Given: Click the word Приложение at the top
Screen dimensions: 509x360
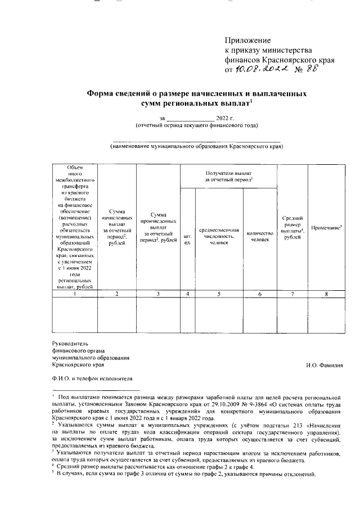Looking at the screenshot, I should pyautogui.click(x=248, y=40).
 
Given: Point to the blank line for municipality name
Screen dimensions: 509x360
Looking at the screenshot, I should pyautogui.click(x=196, y=141).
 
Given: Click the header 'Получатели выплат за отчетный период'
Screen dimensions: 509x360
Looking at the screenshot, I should pyautogui.click(x=228, y=175).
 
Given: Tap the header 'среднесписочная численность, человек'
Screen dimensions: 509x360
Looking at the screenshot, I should pyautogui.click(x=219, y=237).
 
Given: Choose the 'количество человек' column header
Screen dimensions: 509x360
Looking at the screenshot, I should pyautogui.click(x=259, y=237).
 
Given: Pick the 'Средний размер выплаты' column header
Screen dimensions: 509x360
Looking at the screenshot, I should pyautogui.click(x=292, y=227).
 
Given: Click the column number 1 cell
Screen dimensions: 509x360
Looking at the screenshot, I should pyautogui.click(x=74, y=293).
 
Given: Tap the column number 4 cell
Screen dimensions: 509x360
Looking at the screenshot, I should pyautogui.click(x=187, y=293).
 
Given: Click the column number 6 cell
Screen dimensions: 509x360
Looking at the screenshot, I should pyautogui.click(x=259, y=293).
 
